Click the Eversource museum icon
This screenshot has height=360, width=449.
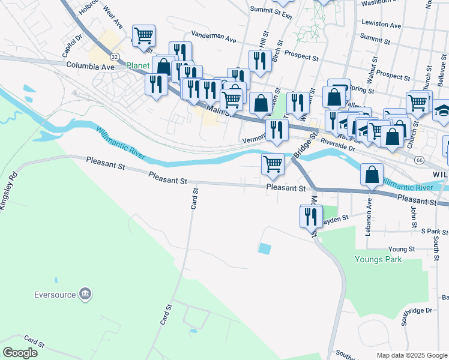pos(85,294)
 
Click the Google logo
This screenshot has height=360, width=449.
pos(20,353)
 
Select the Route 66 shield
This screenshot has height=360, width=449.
pos(418,160)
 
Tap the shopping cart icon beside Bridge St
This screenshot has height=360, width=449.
pos(273,163)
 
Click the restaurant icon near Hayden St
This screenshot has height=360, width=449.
pos(310,215)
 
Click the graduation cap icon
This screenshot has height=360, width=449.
pos(443,110)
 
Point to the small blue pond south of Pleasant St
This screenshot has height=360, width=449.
pos(264,248)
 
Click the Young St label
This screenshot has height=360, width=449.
pos(402,249)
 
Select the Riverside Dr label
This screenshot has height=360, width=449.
pos(339,144)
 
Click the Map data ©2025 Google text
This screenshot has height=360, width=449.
pos(411,355)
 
